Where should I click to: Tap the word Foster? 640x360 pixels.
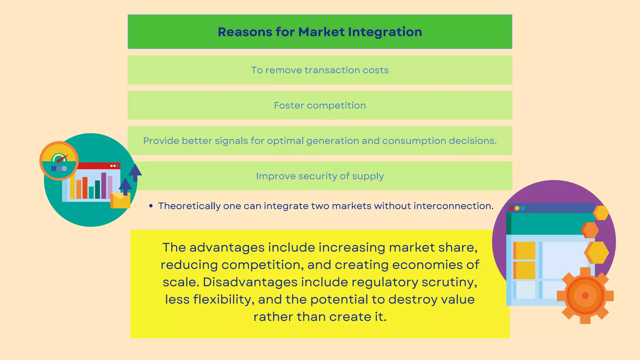[289, 106]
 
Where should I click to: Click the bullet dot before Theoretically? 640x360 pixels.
[151, 206]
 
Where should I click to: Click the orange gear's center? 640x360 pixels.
[585, 296]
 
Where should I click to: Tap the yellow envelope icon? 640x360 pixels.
[120, 201]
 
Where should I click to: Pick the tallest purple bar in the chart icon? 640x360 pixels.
[104, 186]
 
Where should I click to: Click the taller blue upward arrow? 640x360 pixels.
[135, 172]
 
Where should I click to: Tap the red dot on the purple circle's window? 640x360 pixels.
[511, 208]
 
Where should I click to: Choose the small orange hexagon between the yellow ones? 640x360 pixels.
[590, 230]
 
